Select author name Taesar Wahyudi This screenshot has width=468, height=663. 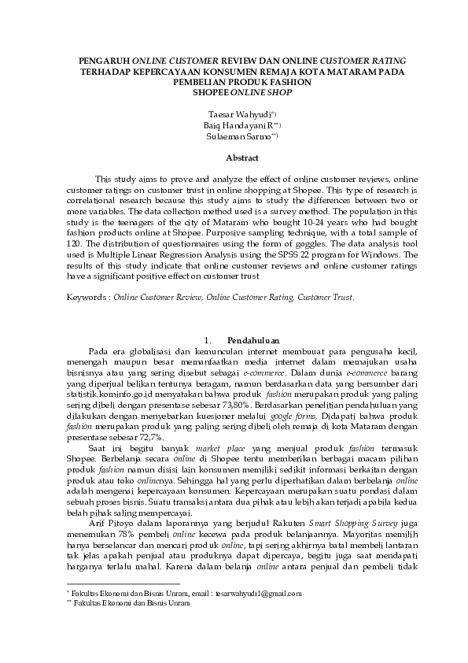(x=230, y=114)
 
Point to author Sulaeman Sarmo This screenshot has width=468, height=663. (x=230, y=136)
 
